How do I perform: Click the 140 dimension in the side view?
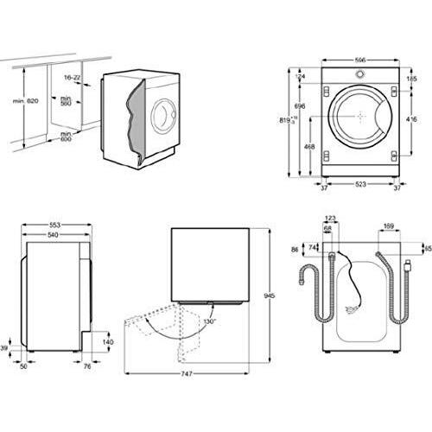[x=107, y=342]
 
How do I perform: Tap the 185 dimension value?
[x=412, y=79]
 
